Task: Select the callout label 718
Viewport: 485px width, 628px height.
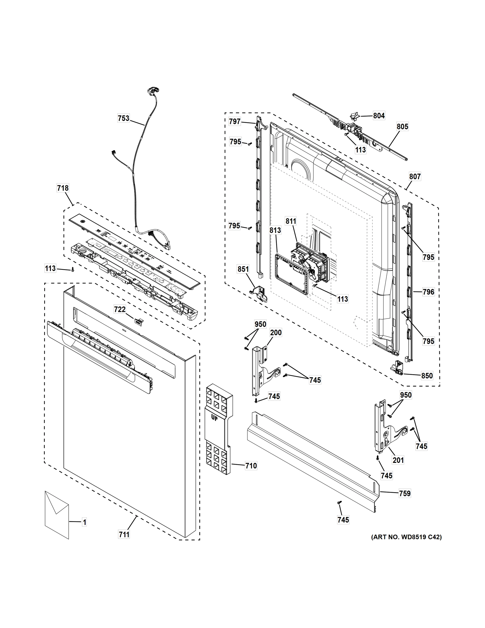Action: (63, 188)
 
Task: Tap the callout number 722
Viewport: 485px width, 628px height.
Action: (119, 309)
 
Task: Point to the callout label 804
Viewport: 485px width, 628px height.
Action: (379, 116)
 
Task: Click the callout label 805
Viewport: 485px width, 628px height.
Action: (402, 127)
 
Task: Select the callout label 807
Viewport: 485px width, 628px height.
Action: (415, 177)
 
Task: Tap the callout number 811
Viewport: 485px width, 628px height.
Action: (291, 221)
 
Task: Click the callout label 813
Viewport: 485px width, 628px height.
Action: (275, 230)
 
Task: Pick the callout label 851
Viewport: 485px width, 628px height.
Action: (243, 269)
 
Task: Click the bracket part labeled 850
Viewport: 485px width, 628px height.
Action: (398, 368)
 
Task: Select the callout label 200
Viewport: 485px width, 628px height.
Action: (276, 333)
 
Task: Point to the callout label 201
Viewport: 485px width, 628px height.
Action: (398, 460)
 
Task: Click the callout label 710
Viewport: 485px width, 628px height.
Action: (251, 466)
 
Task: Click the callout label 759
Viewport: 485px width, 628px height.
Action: (404, 494)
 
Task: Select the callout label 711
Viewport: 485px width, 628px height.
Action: (124, 535)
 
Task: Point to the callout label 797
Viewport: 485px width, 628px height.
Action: (235, 122)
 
